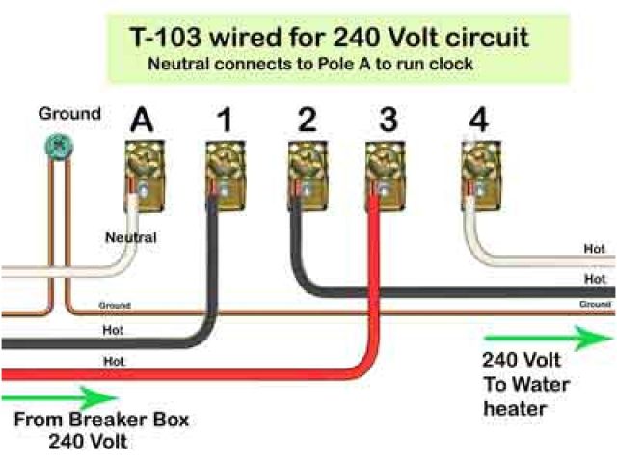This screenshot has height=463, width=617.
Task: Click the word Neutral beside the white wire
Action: (131, 236)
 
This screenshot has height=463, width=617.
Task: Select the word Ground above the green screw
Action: (68, 114)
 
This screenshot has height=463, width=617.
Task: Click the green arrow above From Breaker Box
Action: (58, 396)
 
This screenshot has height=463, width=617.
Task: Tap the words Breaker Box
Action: (144, 421)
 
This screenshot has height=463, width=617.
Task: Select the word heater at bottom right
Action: (516, 408)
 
